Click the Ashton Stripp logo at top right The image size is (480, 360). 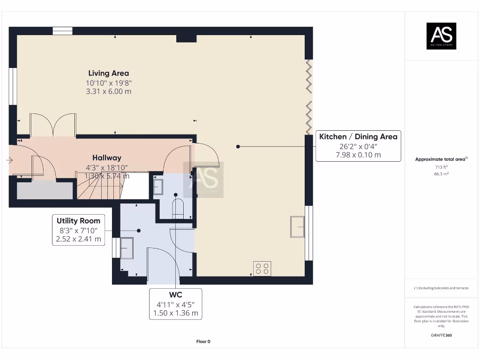pos(441,36)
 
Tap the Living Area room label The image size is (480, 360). pos(108,73)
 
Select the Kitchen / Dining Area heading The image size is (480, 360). pos(358,137)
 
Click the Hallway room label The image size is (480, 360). pos(106,158)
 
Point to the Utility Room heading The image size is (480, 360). pos(78,221)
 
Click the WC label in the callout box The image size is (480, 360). pos(175,295)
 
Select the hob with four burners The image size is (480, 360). pos(262,269)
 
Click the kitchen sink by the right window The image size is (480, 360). pos(297,227)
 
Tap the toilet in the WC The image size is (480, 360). pos(178,209)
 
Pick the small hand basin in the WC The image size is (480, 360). pos(158,187)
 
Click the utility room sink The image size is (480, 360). pos(127,247)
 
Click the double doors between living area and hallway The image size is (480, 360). pos(52,125)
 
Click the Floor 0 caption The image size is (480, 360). pos(203,342)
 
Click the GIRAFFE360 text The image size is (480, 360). pos(441,335)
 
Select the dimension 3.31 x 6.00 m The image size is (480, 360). pos(108,91)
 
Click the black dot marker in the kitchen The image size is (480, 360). pos(238,147)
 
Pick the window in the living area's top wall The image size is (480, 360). pos(62,31)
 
